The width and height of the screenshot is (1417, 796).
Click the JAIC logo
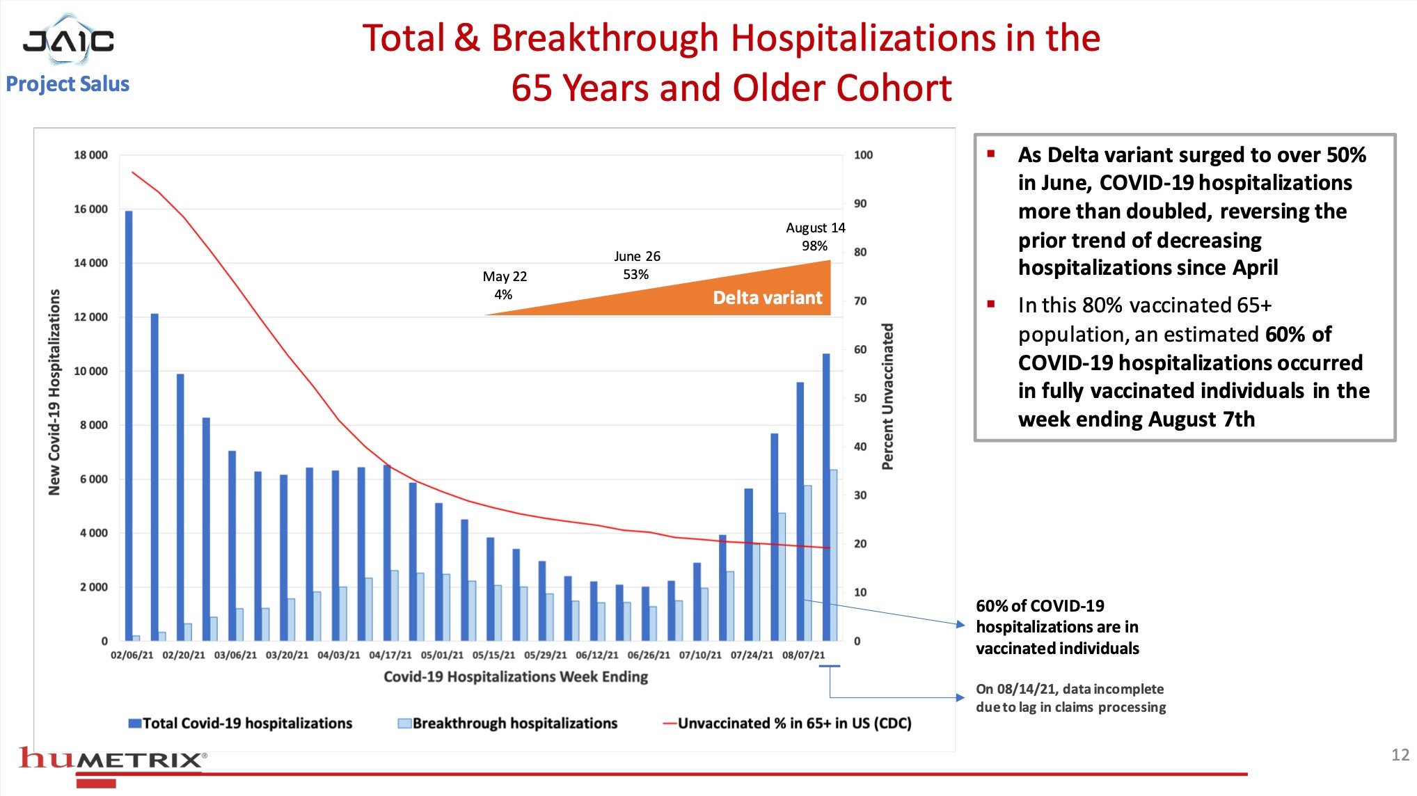(x=68, y=40)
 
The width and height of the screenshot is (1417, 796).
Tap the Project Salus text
(x=68, y=84)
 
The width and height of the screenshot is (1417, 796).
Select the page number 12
(x=1400, y=755)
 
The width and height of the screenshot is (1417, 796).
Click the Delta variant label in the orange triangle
(x=767, y=298)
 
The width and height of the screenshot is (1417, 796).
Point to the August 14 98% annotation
(x=815, y=237)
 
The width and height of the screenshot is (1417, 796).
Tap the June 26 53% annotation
(x=637, y=265)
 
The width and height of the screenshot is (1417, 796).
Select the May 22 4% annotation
(x=505, y=285)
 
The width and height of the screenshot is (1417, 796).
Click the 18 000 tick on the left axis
(x=90, y=155)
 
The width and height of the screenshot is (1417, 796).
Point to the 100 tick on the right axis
(x=863, y=155)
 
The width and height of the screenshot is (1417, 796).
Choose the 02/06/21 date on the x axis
(x=132, y=655)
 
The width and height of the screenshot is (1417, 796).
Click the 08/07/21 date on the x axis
(x=803, y=655)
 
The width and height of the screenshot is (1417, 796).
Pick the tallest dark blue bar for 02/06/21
(x=129, y=424)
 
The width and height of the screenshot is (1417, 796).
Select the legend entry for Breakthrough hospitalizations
(x=508, y=724)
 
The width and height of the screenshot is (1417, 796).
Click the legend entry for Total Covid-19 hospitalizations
(x=241, y=724)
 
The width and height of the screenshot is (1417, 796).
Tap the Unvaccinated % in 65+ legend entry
(x=787, y=724)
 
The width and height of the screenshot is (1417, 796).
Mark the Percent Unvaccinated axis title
(x=887, y=397)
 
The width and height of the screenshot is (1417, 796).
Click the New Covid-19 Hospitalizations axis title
(x=54, y=392)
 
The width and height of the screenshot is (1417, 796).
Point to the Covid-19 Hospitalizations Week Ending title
(x=515, y=677)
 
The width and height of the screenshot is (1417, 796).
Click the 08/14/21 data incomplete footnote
(x=1070, y=698)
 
